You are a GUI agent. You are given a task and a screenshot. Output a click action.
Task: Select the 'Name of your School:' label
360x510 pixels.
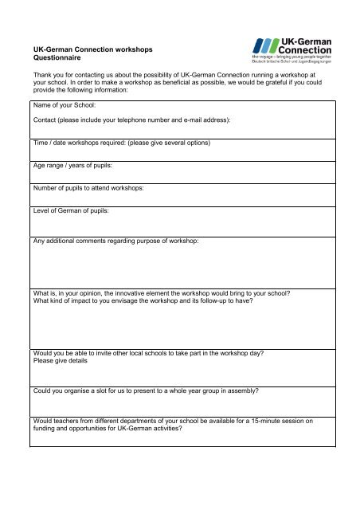63,104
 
